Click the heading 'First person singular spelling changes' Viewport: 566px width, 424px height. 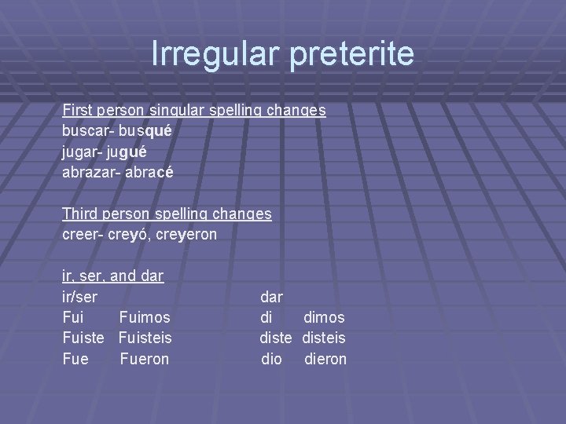(x=193, y=111)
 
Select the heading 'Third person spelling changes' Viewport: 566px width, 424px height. (x=167, y=214)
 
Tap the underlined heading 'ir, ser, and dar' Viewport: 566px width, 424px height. (x=112, y=276)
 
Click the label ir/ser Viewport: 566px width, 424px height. (x=80, y=298)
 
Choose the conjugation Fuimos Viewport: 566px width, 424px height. (x=145, y=318)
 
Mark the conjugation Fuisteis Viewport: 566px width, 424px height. (x=145, y=338)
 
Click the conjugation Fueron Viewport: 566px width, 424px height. (x=145, y=359)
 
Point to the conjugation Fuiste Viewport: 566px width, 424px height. (x=83, y=338)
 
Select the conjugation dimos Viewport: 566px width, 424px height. (x=324, y=318)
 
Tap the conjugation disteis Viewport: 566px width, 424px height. (x=324, y=338)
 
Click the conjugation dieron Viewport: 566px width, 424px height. (x=325, y=359)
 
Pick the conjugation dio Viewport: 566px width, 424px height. (x=271, y=359)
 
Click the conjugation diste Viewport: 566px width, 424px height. (x=277, y=338)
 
